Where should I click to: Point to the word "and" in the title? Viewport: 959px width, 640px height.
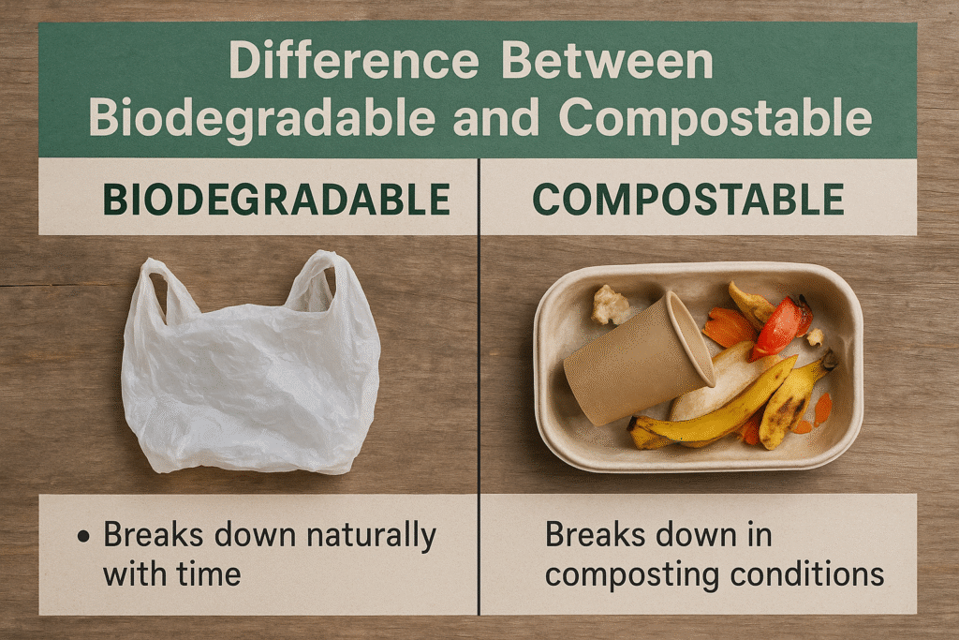(494, 119)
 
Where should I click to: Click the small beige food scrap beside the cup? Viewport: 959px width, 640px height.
(610, 305)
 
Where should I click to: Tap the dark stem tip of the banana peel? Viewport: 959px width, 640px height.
(829, 359)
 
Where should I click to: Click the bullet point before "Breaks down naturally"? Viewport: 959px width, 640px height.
(85, 537)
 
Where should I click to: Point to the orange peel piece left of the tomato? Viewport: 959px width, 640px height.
(728, 328)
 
